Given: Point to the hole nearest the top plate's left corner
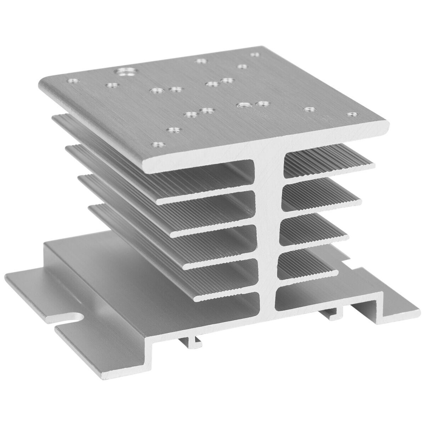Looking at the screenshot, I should click(x=73, y=80).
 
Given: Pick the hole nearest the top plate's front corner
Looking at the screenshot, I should click(x=155, y=144).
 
